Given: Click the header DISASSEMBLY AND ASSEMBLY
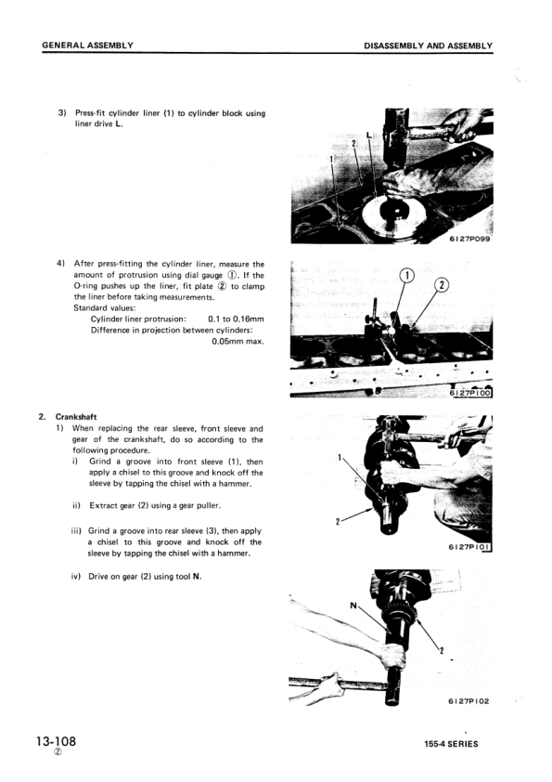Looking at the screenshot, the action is [428, 46].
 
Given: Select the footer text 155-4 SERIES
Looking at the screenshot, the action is [450, 745].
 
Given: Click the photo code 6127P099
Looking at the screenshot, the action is [469, 238].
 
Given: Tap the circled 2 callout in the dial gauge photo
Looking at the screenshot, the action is [443, 285].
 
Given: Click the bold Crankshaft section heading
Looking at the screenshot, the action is [76, 417].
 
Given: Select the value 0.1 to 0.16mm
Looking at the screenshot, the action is [237, 318].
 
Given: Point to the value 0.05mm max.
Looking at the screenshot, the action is [237, 341].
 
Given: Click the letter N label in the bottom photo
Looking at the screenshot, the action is [353, 605].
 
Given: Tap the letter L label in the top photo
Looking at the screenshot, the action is [370, 136].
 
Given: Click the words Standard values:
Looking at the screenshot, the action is [105, 306].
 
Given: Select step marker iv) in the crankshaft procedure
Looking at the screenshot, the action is [77, 577].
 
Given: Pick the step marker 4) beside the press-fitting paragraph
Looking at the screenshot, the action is [61, 263].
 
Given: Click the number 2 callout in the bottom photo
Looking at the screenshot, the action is [441, 649].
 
